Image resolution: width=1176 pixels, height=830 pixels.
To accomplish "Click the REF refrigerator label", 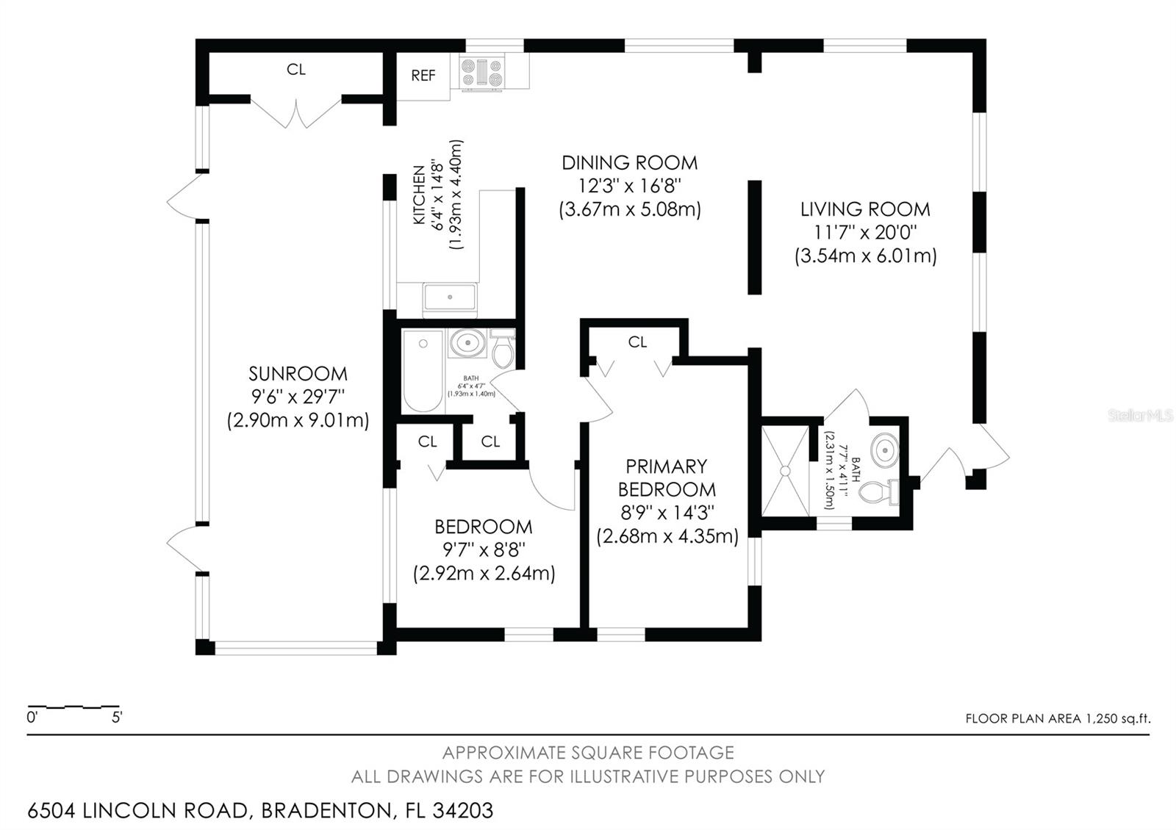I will point(423,75).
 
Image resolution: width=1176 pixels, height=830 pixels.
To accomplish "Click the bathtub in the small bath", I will point(423,371).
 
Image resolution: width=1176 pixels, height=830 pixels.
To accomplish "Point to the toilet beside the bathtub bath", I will point(503,350).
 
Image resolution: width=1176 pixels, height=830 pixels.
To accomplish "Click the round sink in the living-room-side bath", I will point(884,447).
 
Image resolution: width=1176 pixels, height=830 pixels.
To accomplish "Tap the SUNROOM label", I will point(298,373).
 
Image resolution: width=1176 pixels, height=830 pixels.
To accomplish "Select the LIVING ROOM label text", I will point(865,209).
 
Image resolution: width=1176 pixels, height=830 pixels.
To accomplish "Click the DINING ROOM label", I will point(629,162).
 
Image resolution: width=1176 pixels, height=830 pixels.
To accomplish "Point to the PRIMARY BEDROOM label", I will point(666,477).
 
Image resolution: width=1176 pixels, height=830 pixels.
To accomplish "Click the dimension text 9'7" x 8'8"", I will point(483,549).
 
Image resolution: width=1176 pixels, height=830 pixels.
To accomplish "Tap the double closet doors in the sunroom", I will point(297,114).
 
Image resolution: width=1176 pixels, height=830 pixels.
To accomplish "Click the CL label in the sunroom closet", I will point(295,70).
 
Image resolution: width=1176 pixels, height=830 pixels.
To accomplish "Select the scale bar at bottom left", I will point(73,708).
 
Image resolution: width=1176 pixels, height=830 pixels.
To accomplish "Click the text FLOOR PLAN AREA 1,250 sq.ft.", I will point(1057,718).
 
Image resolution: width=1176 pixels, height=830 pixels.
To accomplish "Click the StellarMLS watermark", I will point(1140,416).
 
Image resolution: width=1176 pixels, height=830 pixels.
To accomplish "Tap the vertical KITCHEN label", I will point(419,195).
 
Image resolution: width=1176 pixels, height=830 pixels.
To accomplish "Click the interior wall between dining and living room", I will point(754,237).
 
